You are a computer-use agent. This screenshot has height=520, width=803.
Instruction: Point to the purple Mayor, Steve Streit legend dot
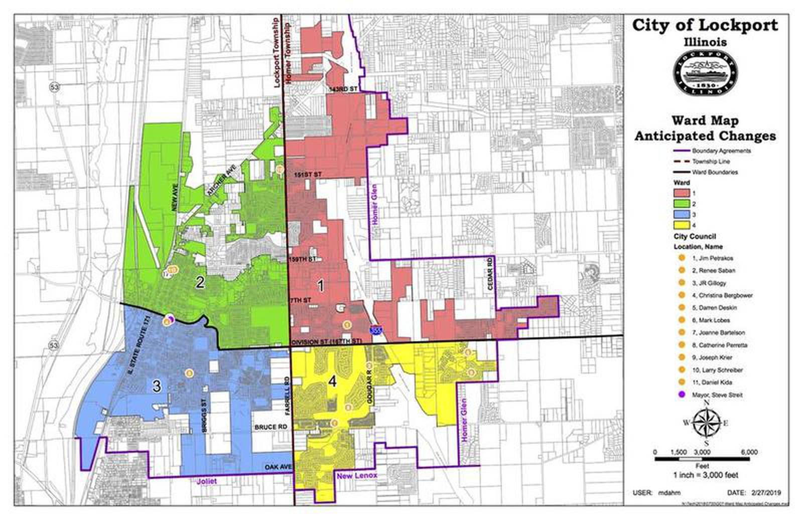pyautogui.click(x=682, y=395)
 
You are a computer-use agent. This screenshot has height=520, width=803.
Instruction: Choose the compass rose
pyautogui.click(x=706, y=423)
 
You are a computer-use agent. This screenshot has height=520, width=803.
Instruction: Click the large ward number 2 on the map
pyautogui.click(x=200, y=283)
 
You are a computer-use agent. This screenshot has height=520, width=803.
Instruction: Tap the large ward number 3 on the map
pyautogui.click(x=157, y=386)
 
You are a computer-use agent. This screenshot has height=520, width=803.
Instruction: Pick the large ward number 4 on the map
pyautogui.click(x=332, y=382)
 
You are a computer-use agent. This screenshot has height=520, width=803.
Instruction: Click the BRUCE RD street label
pyautogui.click(x=271, y=427)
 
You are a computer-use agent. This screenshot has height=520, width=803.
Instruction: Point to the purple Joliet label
pyautogui.click(x=207, y=481)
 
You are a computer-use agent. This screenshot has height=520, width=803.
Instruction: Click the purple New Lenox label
pyautogui.click(x=357, y=476)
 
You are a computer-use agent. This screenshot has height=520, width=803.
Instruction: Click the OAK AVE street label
pyautogui.click(x=278, y=468)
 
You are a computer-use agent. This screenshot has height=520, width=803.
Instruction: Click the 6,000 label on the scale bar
pyautogui.click(x=749, y=452)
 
